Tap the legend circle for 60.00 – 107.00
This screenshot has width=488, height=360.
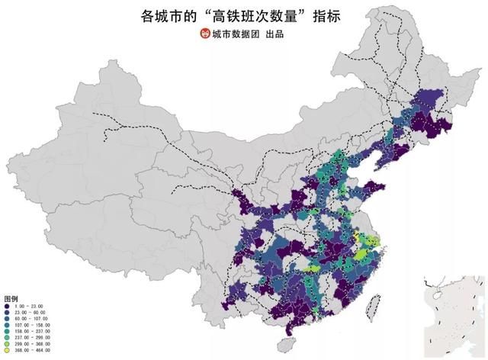pos(6,319)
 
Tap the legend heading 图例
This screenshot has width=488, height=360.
pos(11,297)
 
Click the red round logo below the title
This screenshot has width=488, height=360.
pos(204,35)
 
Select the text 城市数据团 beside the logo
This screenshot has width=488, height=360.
pos(235,35)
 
